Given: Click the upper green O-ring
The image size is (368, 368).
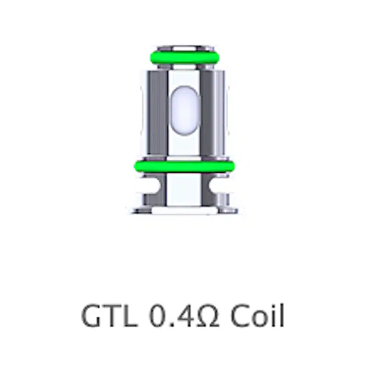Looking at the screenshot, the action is pos(185,57).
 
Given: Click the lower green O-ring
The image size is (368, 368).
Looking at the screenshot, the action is pos(184,167).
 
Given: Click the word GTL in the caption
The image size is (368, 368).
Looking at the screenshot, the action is pos(109,315).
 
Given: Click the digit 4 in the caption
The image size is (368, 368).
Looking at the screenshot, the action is pos(185,316).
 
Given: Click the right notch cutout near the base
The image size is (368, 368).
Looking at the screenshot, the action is pos(218,185).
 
